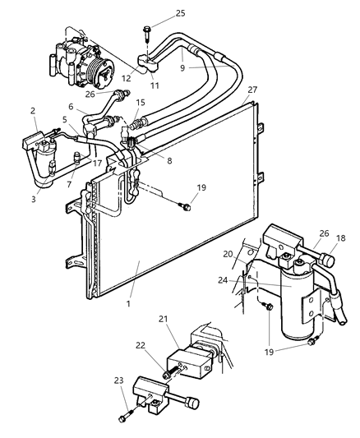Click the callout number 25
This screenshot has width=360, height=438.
click(x=180, y=15)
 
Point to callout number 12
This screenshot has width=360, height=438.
click(x=126, y=79)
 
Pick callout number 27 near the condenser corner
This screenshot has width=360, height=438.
click(x=252, y=90)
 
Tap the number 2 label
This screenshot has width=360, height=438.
click(x=34, y=110)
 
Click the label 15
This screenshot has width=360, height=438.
click(x=141, y=102)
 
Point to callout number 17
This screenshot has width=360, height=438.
click(x=97, y=164)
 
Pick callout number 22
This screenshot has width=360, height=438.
click(x=141, y=345)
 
